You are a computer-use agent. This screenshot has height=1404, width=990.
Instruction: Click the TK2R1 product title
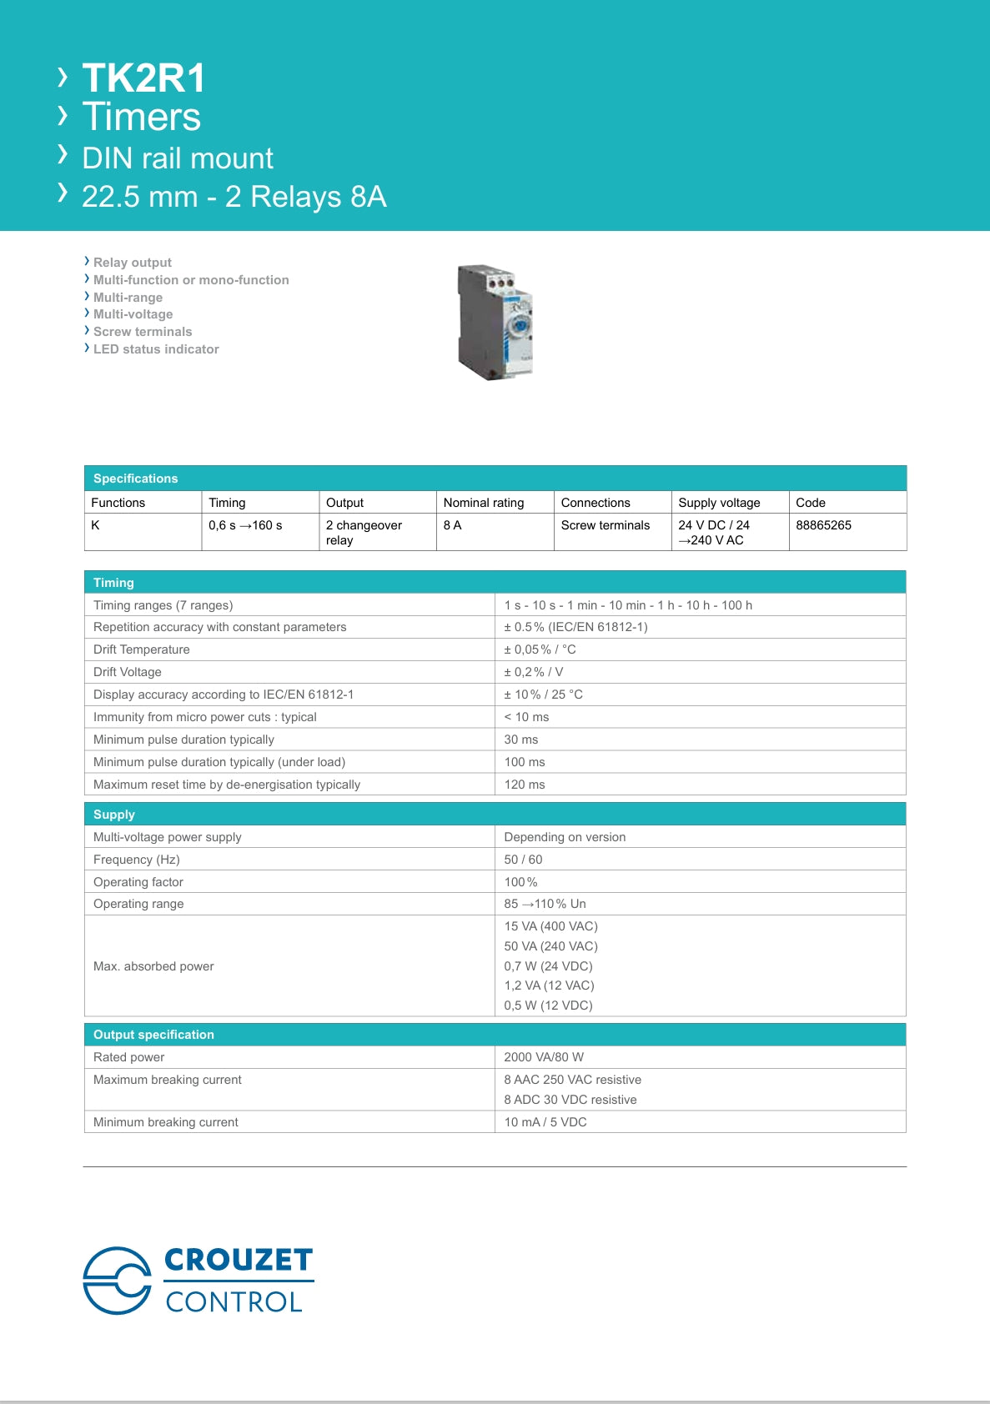(143, 78)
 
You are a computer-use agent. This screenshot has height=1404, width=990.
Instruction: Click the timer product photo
(495, 323)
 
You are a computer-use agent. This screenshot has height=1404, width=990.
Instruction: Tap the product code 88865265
(823, 525)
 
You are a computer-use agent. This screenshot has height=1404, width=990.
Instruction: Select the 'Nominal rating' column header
(484, 503)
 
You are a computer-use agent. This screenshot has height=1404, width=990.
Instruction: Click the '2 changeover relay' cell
(364, 532)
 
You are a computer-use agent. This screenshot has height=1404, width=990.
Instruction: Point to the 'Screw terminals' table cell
(605, 525)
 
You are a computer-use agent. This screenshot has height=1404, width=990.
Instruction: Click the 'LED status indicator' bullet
(156, 349)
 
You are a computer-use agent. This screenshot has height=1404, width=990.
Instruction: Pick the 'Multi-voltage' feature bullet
(133, 314)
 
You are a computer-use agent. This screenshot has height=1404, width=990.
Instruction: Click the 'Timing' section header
(113, 583)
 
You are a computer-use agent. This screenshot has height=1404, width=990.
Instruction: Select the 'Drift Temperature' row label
(142, 649)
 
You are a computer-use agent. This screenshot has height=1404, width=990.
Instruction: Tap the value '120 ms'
(525, 785)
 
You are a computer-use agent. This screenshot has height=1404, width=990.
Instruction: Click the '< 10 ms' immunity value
(526, 717)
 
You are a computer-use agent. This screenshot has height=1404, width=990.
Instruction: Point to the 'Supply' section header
(114, 815)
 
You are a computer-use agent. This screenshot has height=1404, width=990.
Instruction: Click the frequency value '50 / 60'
(523, 860)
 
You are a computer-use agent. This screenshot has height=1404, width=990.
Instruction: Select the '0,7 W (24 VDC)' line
(548, 966)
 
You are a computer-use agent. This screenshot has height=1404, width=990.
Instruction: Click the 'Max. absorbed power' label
(153, 966)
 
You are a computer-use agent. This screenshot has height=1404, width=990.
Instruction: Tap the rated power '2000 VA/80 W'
(544, 1057)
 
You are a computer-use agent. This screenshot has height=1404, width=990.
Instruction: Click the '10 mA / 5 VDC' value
(545, 1122)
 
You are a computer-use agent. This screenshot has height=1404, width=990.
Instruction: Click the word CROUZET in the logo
(239, 1260)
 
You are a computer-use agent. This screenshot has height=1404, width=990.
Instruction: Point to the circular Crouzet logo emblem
(118, 1281)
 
